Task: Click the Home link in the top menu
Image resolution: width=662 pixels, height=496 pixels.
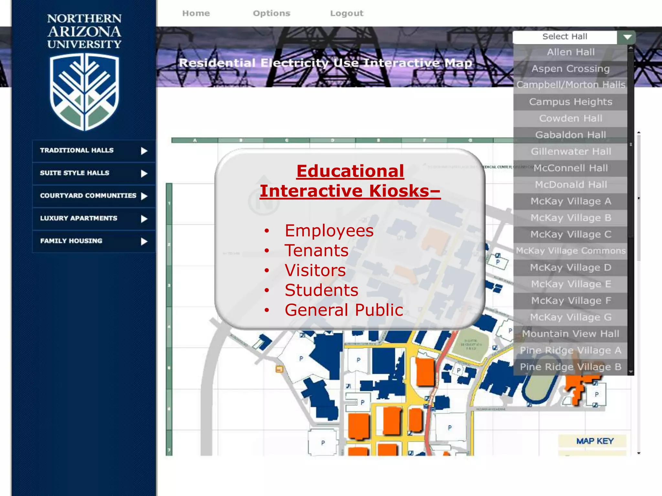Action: pos(196,13)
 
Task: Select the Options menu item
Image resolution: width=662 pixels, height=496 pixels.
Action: pos(272,13)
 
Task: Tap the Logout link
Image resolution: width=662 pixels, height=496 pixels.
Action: pos(347,13)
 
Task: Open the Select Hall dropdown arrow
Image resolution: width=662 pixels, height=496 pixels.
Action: pos(627,37)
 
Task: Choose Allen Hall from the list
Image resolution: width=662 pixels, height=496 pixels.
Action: pos(571,52)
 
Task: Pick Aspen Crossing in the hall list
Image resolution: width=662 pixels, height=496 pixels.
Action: pos(571,69)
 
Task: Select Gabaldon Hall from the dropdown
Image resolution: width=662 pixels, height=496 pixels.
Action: pos(571,135)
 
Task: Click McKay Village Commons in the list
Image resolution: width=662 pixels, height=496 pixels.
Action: pos(571,251)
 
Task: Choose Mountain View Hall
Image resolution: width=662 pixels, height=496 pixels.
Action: pos(571,334)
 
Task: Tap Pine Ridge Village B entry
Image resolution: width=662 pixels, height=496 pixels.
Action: pos(571,367)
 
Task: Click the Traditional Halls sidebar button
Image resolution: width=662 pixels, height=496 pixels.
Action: pos(93,151)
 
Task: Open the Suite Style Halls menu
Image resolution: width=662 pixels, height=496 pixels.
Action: pos(93,173)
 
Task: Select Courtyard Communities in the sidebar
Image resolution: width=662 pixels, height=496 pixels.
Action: pos(93,196)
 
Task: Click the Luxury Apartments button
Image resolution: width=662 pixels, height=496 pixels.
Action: pos(93,219)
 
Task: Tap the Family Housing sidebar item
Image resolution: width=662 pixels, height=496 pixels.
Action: pos(93,241)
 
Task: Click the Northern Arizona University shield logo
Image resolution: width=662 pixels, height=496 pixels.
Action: pos(84,92)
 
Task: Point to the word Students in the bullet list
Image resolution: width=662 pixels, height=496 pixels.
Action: pos(321,290)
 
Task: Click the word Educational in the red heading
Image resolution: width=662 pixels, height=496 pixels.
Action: pos(350,171)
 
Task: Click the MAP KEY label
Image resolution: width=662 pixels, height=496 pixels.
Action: pos(595,441)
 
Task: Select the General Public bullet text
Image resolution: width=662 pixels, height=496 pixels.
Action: pos(344,310)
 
